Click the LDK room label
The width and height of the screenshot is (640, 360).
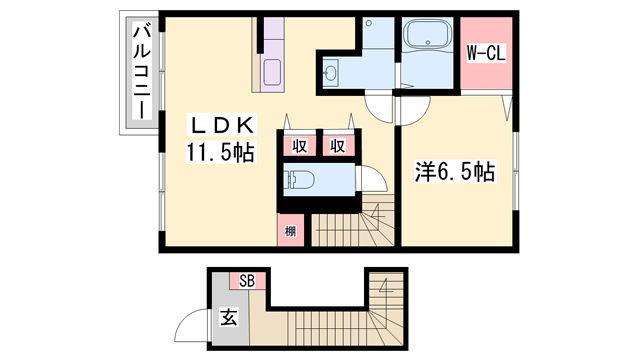point(225,126)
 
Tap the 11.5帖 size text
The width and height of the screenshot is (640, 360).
point(219,152)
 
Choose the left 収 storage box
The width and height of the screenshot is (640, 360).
point(299,145)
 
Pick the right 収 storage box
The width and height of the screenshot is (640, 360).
point(339,145)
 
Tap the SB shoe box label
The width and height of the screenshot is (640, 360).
point(247,280)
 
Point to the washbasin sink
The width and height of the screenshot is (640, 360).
point(332,71)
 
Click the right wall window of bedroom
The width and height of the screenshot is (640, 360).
point(517,169)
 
